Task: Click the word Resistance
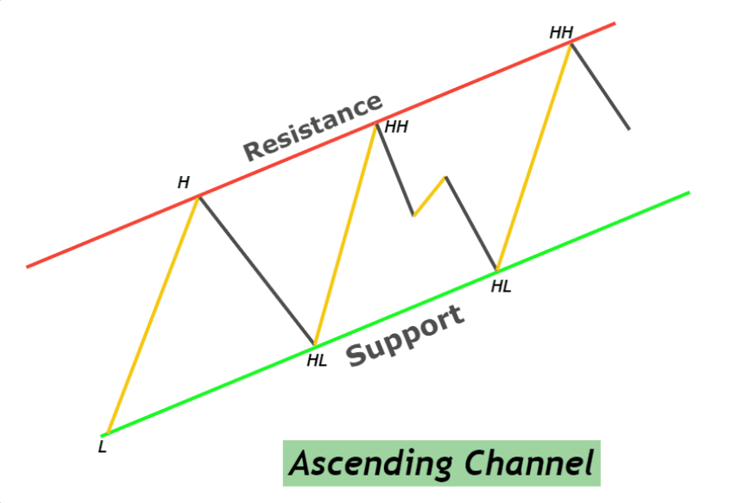(x=312, y=128)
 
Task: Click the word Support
(x=406, y=336)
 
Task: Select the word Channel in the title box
(x=528, y=463)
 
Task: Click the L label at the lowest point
(x=103, y=448)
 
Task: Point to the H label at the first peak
(x=183, y=182)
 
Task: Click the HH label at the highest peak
(x=561, y=33)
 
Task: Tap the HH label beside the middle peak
(x=396, y=127)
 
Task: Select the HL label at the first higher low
(x=317, y=361)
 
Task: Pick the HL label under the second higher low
(x=501, y=286)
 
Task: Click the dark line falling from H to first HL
(x=256, y=271)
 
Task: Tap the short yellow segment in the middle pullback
(x=429, y=197)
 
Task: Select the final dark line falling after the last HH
(x=601, y=86)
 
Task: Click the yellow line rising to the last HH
(x=533, y=156)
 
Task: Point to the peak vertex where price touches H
(x=199, y=198)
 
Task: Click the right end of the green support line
(x=688, y=192)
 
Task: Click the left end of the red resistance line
(x=28, y=267)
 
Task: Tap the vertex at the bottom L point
(x=104, y=434)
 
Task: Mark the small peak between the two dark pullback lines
(x=445, y=178)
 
